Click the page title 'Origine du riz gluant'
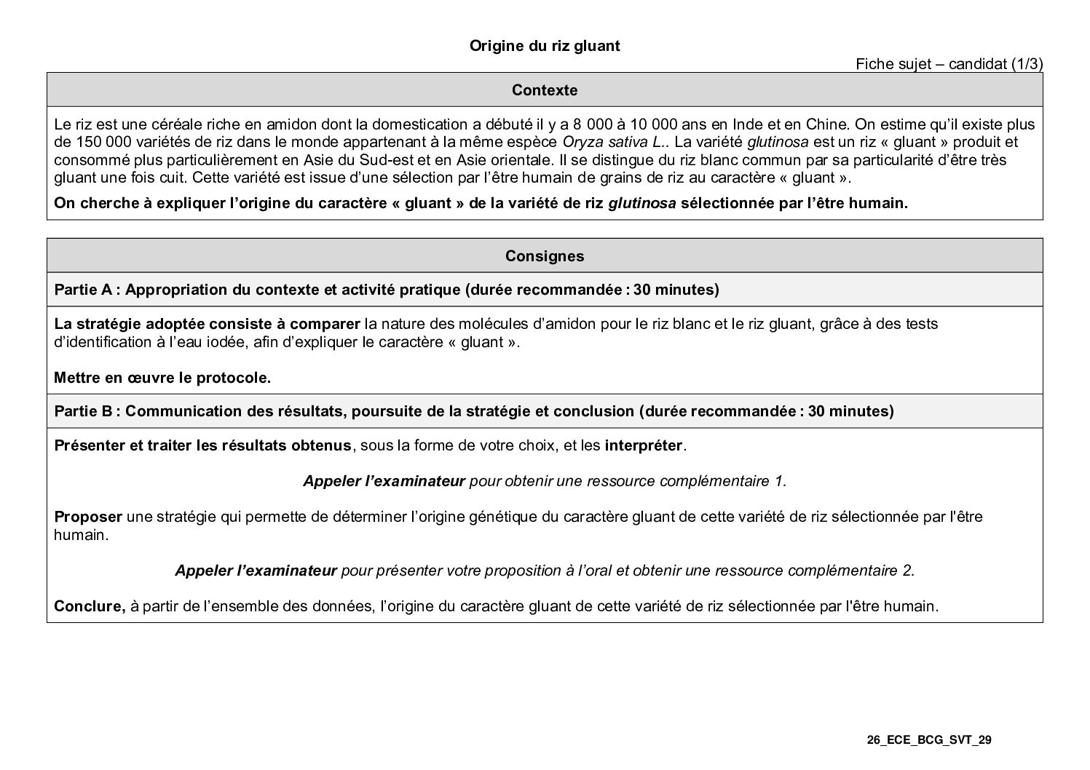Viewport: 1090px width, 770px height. coord(544,47)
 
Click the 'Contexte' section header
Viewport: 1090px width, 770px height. coord(545,90)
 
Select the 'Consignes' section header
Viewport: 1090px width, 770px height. coord(545,256)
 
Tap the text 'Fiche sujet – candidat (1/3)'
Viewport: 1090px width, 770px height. coord(949,64)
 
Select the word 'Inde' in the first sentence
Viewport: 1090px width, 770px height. coord(745,124)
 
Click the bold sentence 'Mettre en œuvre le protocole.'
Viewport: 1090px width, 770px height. coord(162,378)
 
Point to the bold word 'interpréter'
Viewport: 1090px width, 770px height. coord(644,445)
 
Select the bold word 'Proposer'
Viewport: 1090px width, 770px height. coord(88,517)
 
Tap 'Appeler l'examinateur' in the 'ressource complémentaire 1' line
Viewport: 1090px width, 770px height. coord(384,481)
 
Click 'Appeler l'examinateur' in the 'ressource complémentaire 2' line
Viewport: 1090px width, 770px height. coord(256,571)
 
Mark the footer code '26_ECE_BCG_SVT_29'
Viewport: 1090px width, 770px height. coord(928,741)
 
